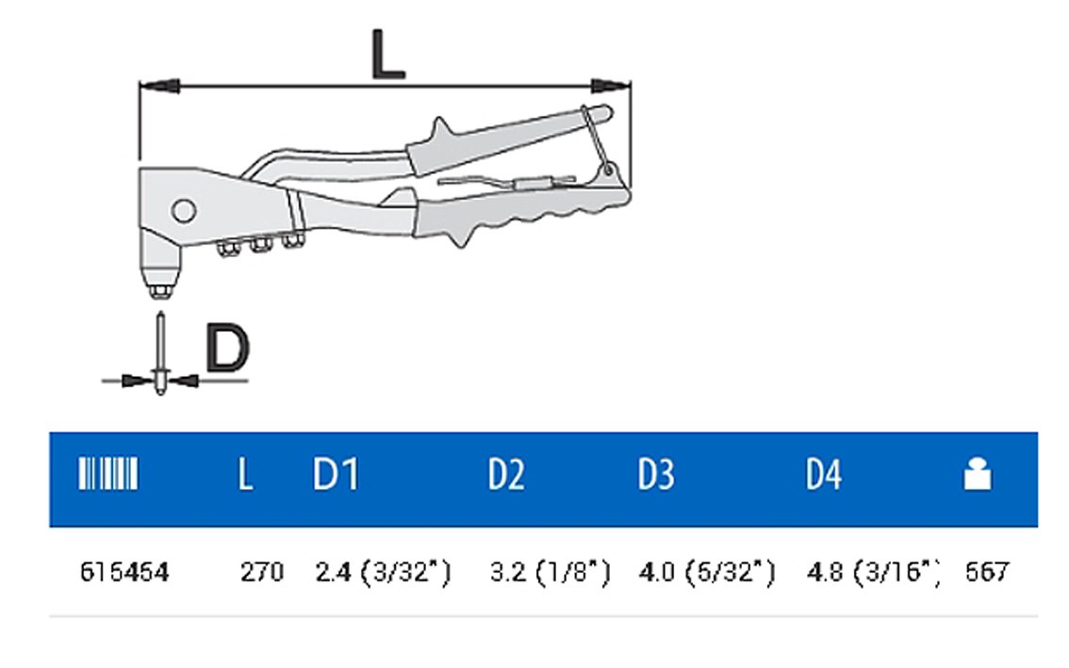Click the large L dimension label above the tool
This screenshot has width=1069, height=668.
pos(388,55)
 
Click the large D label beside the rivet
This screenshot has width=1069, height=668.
pos(228,349)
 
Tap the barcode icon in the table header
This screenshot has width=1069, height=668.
pos(108,474)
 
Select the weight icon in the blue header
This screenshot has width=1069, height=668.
pos(977,474)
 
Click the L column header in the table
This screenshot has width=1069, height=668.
pos(245,475)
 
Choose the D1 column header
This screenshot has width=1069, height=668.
pos(336,475)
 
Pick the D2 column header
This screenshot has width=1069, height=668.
pos(506,475)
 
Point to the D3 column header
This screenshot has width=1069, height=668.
pos(656,475)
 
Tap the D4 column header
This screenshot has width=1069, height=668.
pos(824,475)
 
